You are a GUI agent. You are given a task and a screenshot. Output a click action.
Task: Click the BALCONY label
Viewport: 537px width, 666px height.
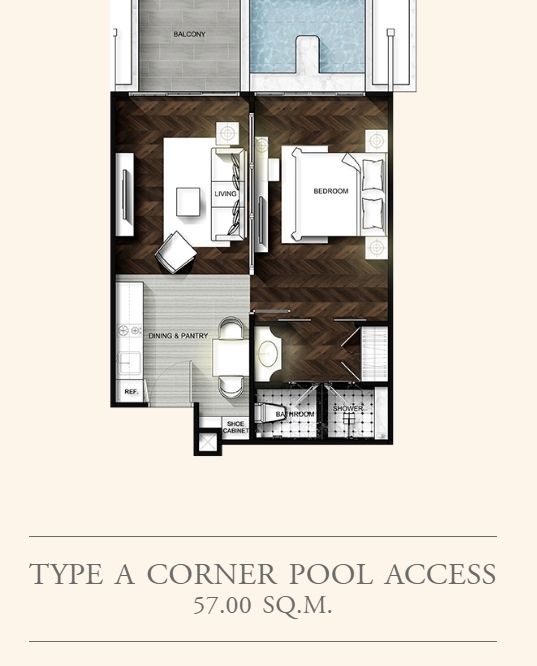click(189, 34)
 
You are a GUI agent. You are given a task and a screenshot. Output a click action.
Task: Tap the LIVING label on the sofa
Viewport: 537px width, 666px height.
click(225, 194)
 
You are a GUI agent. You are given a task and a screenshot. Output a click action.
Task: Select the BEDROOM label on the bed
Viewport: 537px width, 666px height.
click(331, 191)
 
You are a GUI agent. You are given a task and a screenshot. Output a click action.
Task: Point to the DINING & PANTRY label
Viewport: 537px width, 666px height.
click(178, 336)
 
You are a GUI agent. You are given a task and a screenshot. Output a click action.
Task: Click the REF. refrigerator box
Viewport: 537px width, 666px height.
click(131, 392)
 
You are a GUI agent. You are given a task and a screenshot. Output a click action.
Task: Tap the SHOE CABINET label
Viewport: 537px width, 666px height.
click(235, 427)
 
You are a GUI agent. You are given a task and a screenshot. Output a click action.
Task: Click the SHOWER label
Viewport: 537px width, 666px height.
click(348, 408)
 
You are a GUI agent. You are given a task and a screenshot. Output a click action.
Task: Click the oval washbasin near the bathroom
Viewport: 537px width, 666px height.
click(268, 353)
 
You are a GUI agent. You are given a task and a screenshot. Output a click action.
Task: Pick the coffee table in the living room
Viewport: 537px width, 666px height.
click(188, 202)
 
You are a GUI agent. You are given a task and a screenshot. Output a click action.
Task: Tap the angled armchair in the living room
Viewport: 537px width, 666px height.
click(175, 252)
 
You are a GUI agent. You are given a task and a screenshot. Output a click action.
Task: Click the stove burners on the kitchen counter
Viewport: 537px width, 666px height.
click(129, 330)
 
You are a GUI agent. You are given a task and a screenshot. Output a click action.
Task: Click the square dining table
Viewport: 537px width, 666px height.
click(231, 358)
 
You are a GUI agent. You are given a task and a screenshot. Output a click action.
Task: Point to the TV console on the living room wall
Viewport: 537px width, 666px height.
click(125, 195)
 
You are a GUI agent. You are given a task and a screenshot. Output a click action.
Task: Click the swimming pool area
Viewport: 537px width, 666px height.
click(307, 37)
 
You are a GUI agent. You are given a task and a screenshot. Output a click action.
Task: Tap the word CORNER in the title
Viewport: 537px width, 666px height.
click(212, 573)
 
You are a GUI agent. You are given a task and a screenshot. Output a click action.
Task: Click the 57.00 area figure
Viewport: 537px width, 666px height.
click(222, 605)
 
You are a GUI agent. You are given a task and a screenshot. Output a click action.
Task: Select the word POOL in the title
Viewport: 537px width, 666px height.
click(331, 573)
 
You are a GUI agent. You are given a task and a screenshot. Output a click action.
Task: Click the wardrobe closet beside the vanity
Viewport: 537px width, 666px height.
click(374, 354)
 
